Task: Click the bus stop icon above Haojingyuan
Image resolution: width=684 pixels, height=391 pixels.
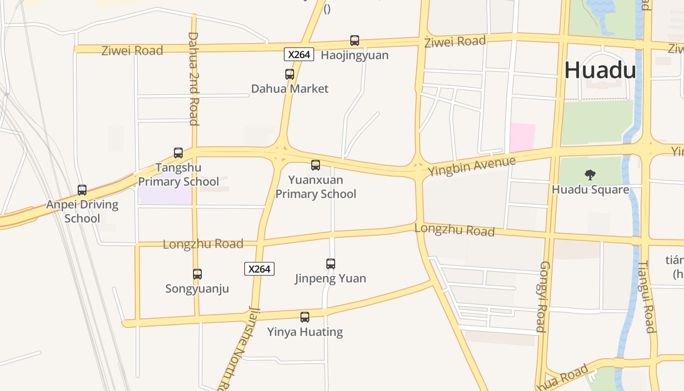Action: coord(355,41)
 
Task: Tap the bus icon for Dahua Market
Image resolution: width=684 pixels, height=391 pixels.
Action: coord(290,74)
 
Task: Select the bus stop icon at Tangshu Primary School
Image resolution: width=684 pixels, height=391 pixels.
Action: coord(178,153)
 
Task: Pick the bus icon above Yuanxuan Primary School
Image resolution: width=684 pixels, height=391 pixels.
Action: coord(316,165)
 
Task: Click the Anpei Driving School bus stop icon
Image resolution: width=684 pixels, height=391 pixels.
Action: coord(82,190)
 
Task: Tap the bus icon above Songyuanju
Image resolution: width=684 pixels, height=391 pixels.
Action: coord(197,274)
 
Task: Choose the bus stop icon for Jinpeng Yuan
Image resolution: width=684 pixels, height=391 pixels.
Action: coord(331,264)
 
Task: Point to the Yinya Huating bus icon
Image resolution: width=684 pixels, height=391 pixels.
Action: coord(305,317)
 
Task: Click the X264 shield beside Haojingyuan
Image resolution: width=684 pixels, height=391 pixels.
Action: coord(299,54)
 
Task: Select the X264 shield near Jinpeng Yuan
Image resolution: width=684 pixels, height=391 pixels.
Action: coord(259,269)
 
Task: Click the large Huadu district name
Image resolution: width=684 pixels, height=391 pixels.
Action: coord(600,70)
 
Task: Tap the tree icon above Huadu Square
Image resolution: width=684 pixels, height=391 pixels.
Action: coord(590,174)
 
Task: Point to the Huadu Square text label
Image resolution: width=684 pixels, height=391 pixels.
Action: coord(590,190)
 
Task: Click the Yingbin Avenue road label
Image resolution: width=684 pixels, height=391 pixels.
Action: coord(472,166)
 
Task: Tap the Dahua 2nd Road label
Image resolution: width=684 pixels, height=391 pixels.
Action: coord(193,78)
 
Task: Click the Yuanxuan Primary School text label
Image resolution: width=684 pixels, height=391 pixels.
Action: coord(316,187)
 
